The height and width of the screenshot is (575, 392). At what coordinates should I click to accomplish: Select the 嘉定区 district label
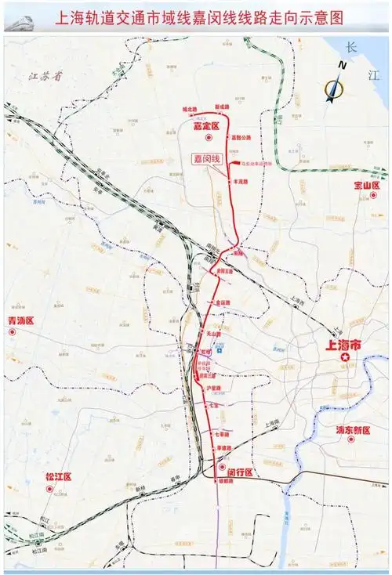tap(205, 125)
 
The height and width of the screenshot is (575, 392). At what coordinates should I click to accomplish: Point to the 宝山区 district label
tap(366, 186)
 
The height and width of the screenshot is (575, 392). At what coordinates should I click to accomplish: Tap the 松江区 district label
tap(58, 476)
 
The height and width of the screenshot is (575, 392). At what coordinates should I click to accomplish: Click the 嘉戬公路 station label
tap(241, 137)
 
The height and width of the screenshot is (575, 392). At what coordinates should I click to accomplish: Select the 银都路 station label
tap(226, 483)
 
